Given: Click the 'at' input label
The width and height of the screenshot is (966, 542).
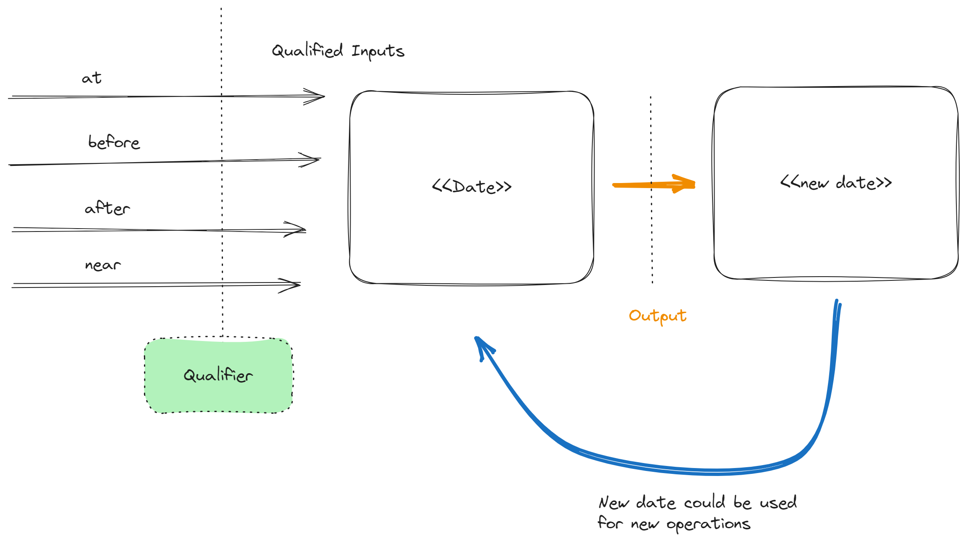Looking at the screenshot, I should [x=92, y=78].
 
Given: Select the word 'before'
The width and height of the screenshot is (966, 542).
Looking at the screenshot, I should [x=114, y=142].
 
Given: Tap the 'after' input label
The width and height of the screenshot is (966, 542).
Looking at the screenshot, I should [x=108, y=208].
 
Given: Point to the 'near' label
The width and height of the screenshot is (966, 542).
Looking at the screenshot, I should [x=103, y=265].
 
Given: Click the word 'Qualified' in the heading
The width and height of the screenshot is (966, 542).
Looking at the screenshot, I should [x=307, y=51].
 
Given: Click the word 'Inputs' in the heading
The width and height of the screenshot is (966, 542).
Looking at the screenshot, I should [x=378, y=51].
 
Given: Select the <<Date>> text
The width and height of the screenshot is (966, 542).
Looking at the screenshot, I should [x=471, y=186].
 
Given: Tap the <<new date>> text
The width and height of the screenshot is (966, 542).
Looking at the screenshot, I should [x=836, y=183].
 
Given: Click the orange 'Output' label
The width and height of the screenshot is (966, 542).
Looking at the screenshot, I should [x=657, y=316].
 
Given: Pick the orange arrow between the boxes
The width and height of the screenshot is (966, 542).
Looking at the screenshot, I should [x=653, y=184].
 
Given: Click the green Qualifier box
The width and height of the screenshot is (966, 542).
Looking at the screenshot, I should [x=218, y=375].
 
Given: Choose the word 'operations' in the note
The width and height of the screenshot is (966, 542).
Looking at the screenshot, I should [x=708, y=524].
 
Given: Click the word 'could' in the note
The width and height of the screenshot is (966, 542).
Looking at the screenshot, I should [x=705, y=502].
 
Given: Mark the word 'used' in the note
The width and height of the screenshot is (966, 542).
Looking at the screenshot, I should [x=778, y=502].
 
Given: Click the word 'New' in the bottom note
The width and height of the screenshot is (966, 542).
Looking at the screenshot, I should [x=613, y=502].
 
